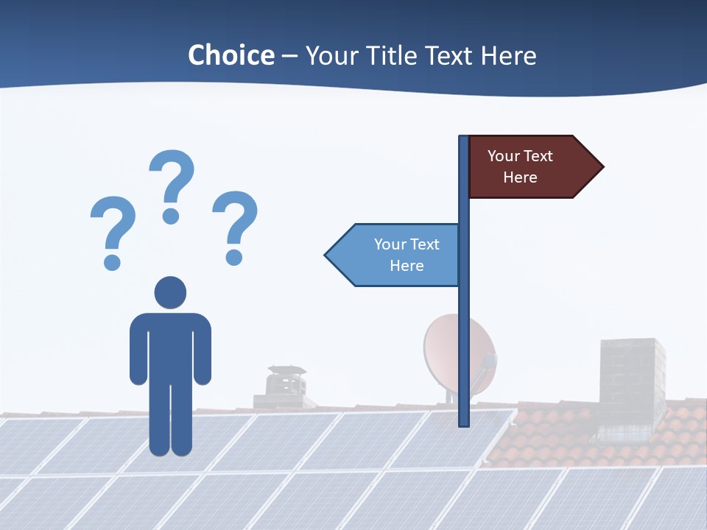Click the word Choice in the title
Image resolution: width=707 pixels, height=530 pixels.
point(231,55)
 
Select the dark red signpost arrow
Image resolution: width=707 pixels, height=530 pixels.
point(530,167)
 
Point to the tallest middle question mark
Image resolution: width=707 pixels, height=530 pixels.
point(172,180)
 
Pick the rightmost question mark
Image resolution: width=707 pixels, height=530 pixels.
point(235,225)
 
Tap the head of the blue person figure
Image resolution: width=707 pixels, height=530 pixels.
point(170,292)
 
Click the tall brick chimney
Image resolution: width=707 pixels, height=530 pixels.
point(631,383)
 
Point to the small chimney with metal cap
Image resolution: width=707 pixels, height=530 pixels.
point(284,386)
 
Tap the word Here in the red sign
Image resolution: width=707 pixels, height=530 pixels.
point(520,177)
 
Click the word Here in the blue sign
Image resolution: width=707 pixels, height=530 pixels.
point(407,266)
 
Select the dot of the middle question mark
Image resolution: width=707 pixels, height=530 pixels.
point(171,216)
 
